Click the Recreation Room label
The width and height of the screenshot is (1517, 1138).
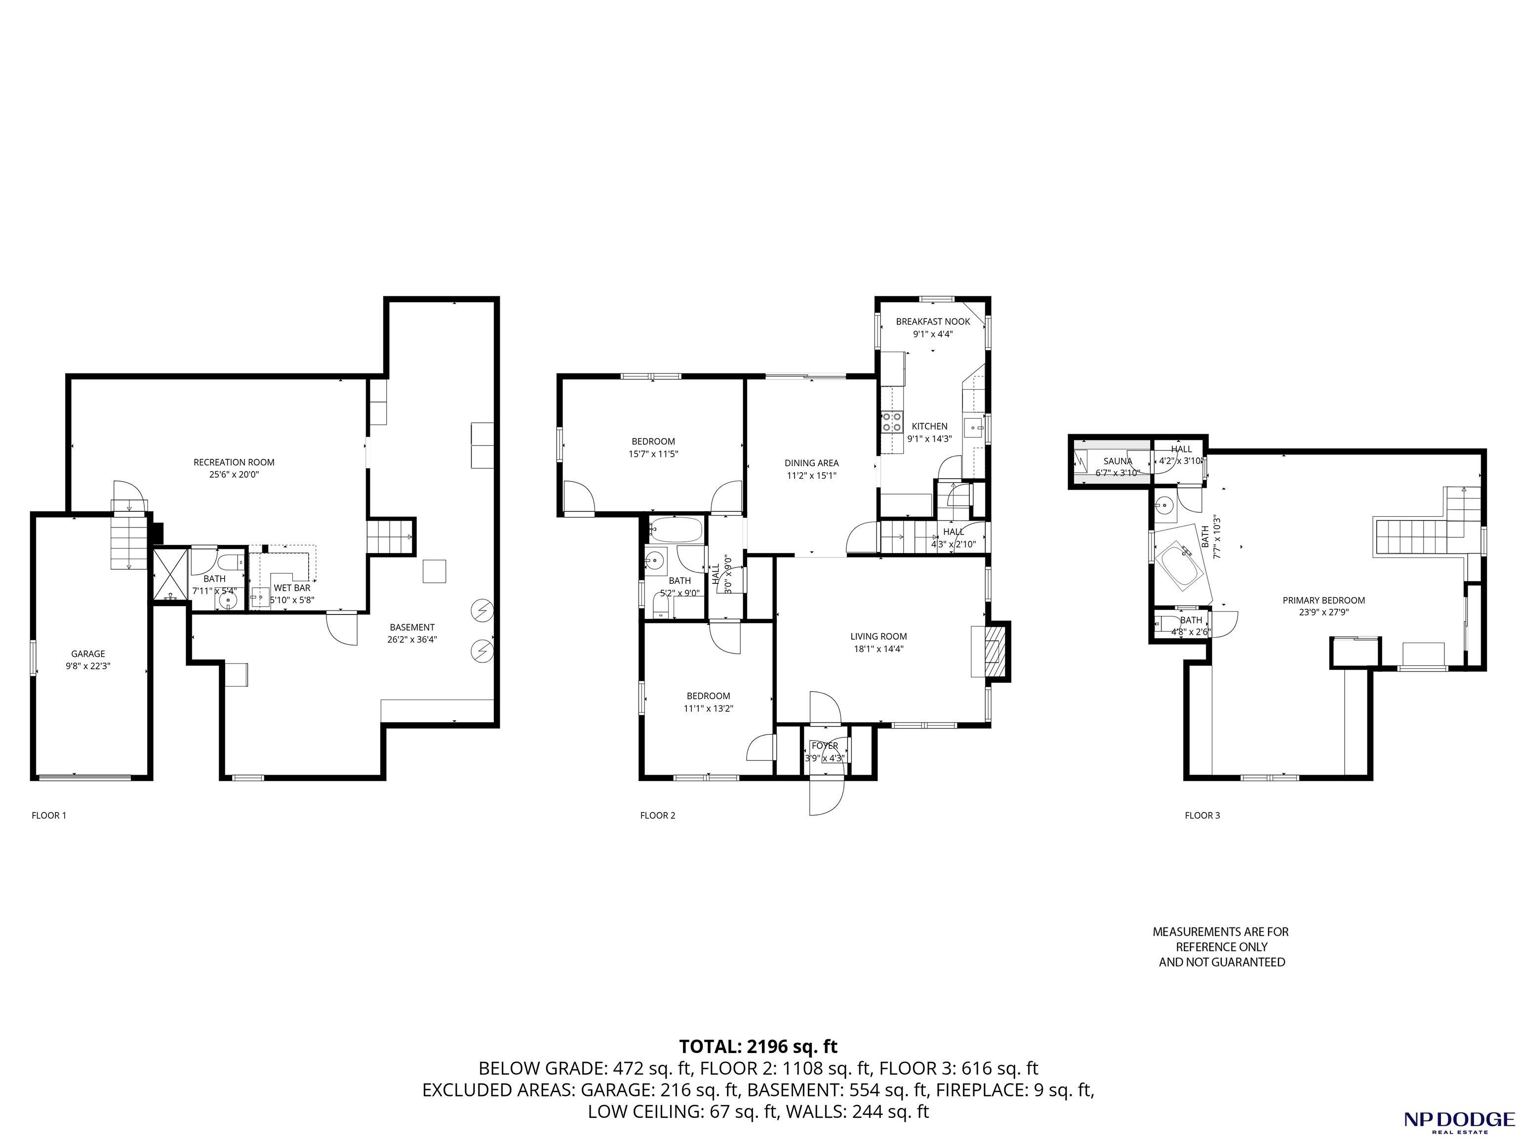pos(234,462)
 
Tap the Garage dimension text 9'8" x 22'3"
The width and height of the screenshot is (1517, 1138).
pos(88,665)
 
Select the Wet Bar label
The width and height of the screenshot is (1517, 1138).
pos(292,588)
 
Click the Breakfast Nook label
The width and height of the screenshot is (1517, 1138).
pos(933,322)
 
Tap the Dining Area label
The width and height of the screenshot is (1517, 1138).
pos(812,463)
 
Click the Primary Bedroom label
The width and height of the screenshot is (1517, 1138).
pos(1323,600)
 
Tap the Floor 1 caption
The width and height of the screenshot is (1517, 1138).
pos(49,815)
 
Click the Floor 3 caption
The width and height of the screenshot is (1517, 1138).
pos(1202,815)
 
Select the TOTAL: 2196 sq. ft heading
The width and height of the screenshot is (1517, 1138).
pos(758,1047)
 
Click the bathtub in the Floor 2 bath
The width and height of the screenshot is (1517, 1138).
pos(676,529)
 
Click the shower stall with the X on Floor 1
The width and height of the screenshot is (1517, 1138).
pos(170,575)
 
